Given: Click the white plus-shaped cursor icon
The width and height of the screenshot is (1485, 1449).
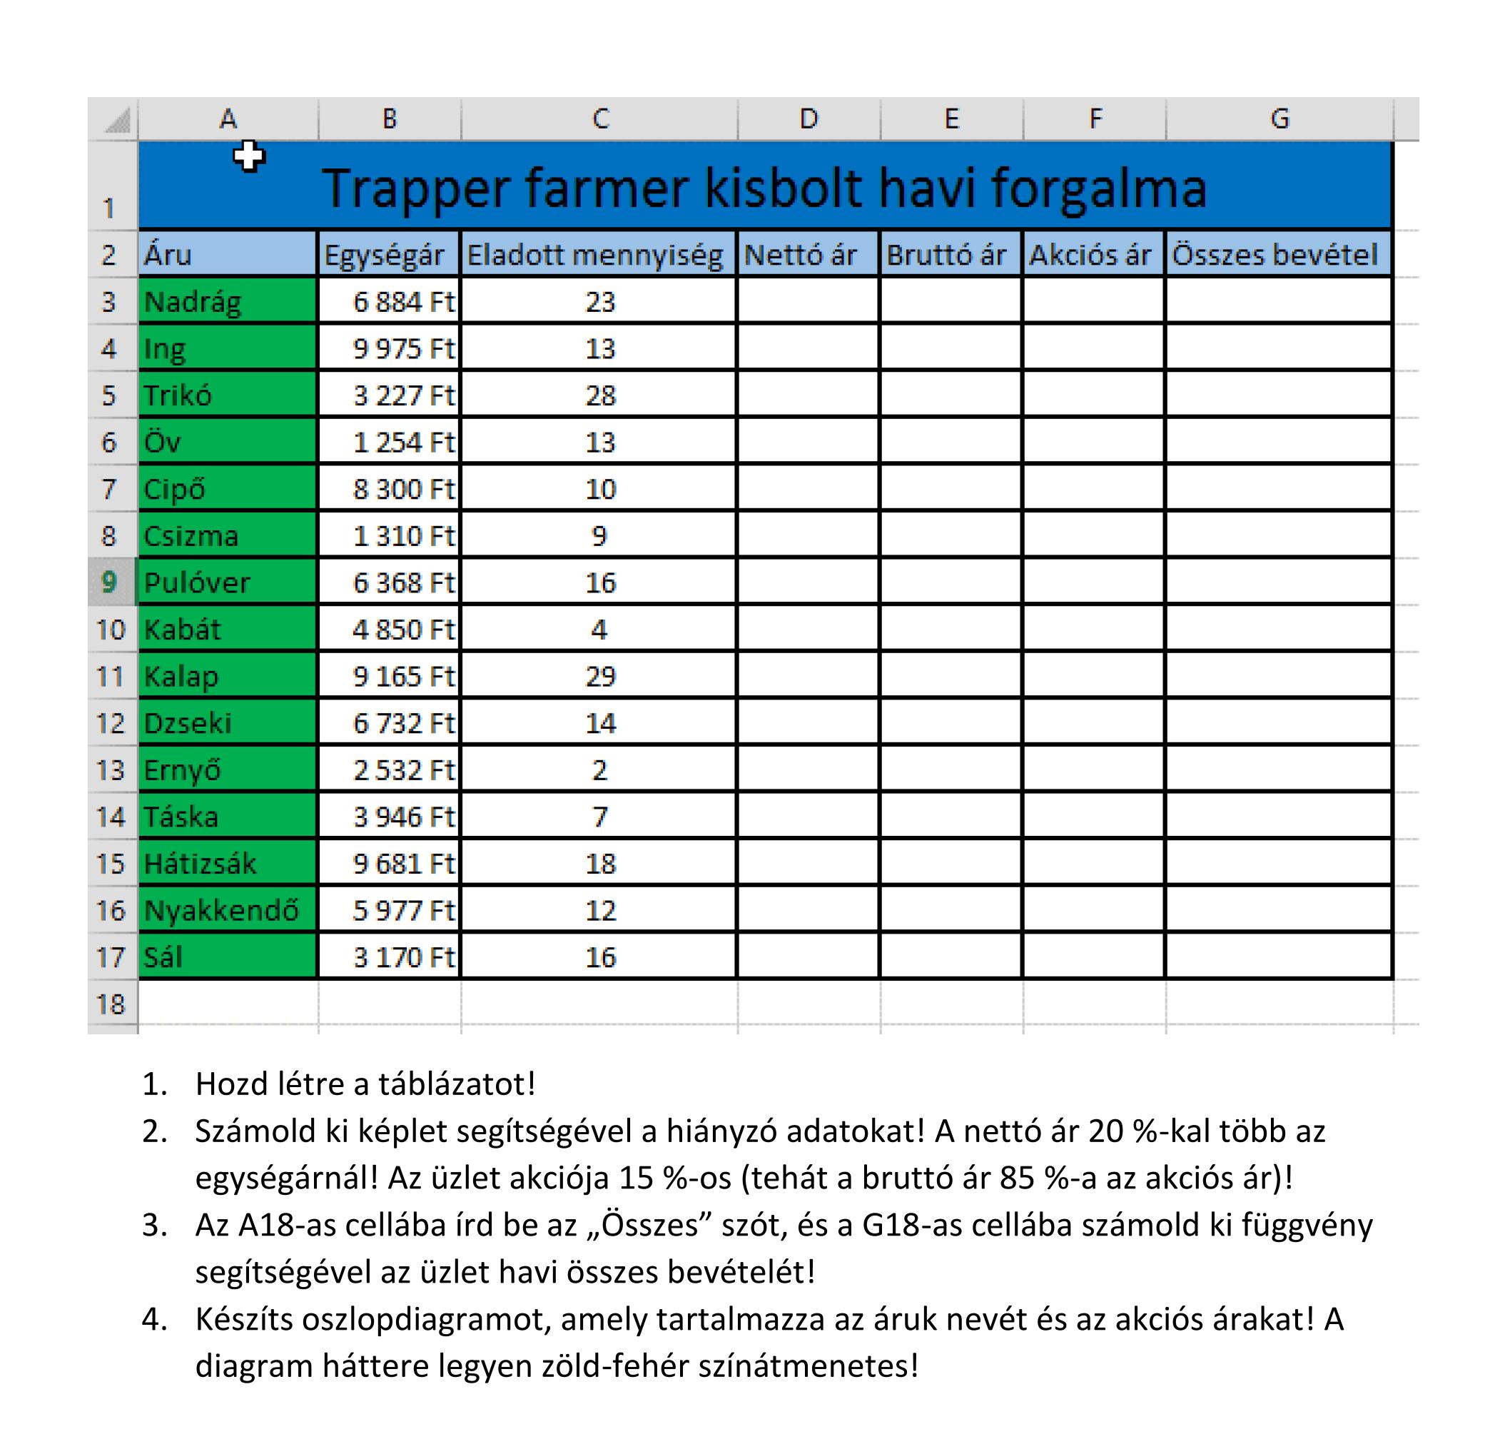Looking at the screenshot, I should [x=249, y=156].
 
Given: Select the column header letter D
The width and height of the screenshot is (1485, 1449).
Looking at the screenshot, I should [x=808, y=118].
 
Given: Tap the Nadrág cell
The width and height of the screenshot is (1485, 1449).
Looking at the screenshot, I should [x=193, y=302].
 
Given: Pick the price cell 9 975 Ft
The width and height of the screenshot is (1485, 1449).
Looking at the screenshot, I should [x=403, y=348].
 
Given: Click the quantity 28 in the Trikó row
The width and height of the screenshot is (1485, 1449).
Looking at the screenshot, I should [x=599, y=395].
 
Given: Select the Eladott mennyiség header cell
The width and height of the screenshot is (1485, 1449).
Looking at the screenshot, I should [x=595, y=255].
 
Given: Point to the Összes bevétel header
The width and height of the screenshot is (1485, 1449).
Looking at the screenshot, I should [x=1274, y=255].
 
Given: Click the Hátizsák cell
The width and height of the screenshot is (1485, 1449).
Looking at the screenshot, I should [x=200, y=864].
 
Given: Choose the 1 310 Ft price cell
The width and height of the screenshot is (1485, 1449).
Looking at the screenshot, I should [x=403, y=537].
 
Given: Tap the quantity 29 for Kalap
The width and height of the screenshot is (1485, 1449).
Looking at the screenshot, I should [x=599, y=677].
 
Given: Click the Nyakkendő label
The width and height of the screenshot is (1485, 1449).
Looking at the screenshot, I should [x=221, y=910].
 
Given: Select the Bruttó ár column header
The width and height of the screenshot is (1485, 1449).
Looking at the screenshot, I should [x=946, y=255].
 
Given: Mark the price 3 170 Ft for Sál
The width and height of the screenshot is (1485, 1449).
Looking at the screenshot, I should [x=403, y=957].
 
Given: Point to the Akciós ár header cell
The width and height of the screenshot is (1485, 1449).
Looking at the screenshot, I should [x=1090, y=255].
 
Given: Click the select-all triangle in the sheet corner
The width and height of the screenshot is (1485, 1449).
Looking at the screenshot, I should [x=117, y=120].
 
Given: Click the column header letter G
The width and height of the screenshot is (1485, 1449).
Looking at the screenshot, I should [x=1279, y=118].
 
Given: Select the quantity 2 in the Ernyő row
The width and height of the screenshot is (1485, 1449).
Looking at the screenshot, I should [x=599, y=770].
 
